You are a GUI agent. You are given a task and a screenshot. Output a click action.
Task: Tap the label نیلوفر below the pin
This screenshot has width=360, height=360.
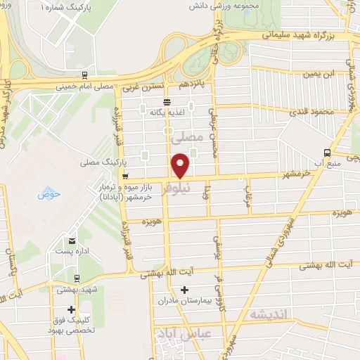point(175,188)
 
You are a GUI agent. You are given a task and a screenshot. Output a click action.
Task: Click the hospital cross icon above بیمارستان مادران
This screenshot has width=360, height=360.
point(185,289)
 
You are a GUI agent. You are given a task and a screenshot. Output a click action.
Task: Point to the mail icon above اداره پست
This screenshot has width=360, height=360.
point(71,240)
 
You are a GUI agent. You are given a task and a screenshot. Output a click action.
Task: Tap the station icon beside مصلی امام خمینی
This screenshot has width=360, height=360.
point(85,75)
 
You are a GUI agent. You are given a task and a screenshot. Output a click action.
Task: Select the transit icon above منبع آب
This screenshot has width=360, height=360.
point(326,153)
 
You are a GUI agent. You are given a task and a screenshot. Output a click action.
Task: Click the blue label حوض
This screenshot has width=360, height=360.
point(46,193)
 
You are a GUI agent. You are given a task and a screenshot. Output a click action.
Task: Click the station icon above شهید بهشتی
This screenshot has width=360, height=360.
point(71,276)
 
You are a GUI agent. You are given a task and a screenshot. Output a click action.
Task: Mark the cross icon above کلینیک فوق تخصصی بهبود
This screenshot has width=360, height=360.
point(71,309)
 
